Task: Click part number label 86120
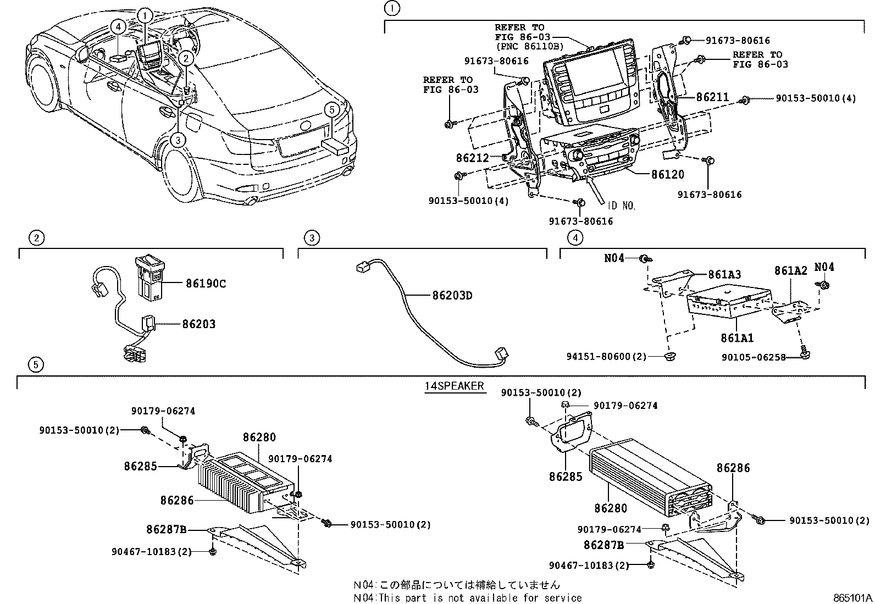(x=667, y=175)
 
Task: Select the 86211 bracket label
(x=712, y=97)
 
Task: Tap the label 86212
(x=472, y=158)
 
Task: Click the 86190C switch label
(x=206, y=284)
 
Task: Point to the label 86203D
(x=452, y=296)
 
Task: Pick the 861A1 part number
(x=737, y=338)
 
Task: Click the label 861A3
(x=724, y=274)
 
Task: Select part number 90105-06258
(x=752, y=357)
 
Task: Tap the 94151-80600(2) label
(x=606, y=356)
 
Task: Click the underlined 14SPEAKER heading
(x=454, y=386)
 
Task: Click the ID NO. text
(x=621, y=206)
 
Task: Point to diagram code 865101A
(x=851, y=597)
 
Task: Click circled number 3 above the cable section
(x=312, y=238)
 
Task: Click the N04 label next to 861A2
(x=823, y=267)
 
